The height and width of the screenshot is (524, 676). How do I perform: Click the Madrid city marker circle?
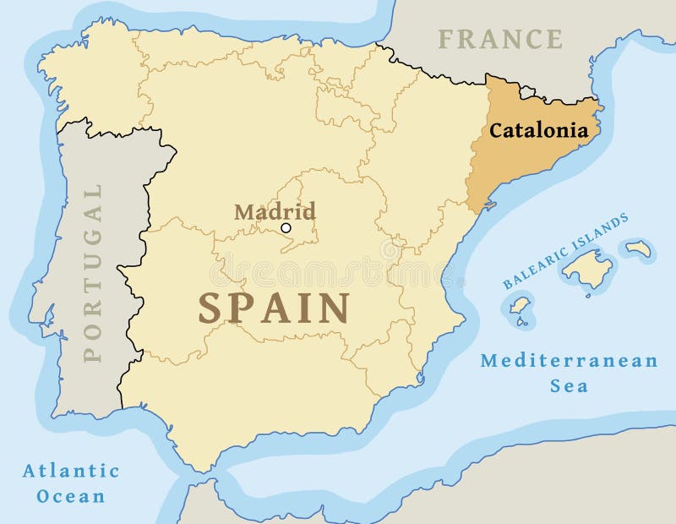pos(286,227)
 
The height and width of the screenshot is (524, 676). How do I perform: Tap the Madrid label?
pos(275,210)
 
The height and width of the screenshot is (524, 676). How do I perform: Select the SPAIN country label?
pos(275,308)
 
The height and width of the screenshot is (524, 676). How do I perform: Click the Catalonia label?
pos(538,131)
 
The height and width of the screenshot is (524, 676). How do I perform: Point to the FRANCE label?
pos(500,39)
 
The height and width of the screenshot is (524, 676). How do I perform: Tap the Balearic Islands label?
pos(565,251)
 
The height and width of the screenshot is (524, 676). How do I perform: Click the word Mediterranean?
pos(569,361)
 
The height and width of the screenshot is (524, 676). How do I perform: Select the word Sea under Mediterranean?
pos(569,386)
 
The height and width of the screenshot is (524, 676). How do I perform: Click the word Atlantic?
pos(71,471)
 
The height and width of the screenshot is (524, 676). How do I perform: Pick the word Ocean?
pos(71,496)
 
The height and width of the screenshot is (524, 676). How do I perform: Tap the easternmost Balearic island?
pos(637,248)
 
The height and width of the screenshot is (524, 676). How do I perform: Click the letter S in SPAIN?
pos(210,308)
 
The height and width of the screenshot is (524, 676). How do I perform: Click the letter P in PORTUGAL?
pos(92,352)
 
